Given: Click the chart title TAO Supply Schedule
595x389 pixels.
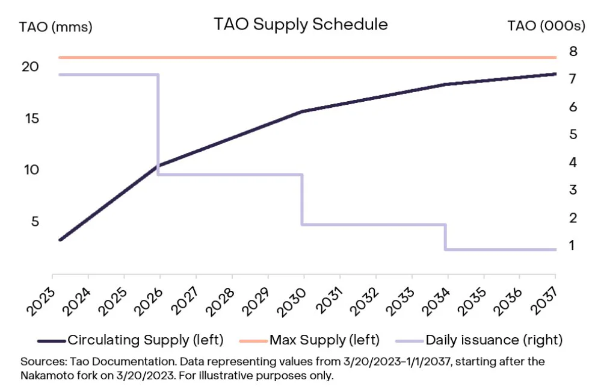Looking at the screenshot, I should coord(301,24).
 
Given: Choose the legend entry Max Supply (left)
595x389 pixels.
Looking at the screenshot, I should coord(324,340).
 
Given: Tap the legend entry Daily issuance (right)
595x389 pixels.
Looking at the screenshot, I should coord(493,340).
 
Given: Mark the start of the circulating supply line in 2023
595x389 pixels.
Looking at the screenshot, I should coord(60,240).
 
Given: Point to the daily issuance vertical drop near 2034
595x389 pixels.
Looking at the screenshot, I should coord(445,237).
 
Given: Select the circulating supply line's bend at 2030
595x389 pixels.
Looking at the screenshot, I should coord(302,111).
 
